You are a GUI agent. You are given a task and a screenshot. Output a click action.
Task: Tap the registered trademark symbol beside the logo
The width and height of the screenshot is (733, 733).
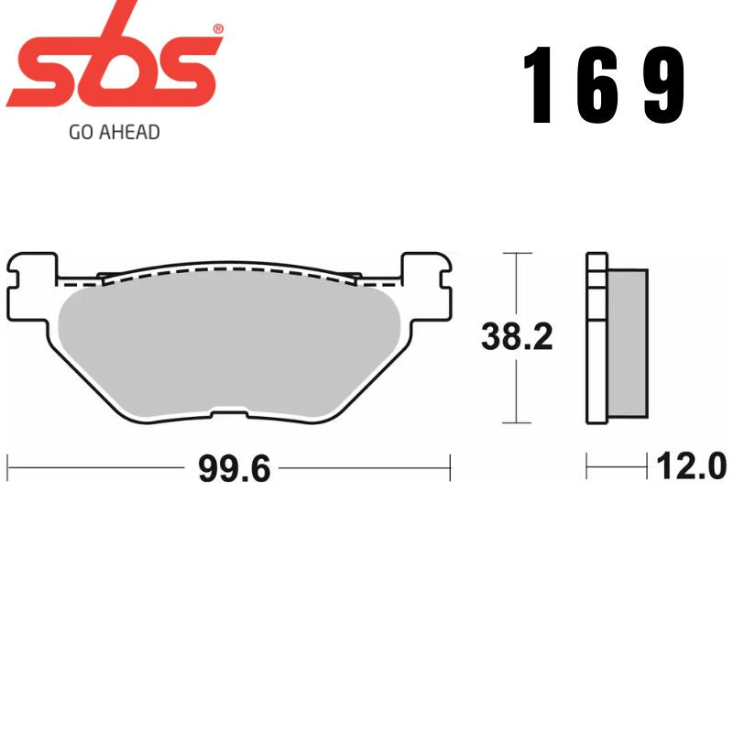click(x=217, y=30)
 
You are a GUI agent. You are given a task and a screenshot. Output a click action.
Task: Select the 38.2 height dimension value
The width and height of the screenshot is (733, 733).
click(x=518, y=338)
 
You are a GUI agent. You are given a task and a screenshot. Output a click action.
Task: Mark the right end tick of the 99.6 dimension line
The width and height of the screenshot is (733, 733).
click(x=451, y=467)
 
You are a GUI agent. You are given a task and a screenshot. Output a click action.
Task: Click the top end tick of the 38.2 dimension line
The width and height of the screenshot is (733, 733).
click(x=518, y=252)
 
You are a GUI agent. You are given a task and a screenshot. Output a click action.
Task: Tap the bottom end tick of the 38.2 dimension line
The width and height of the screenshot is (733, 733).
click(x=518, y=423)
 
